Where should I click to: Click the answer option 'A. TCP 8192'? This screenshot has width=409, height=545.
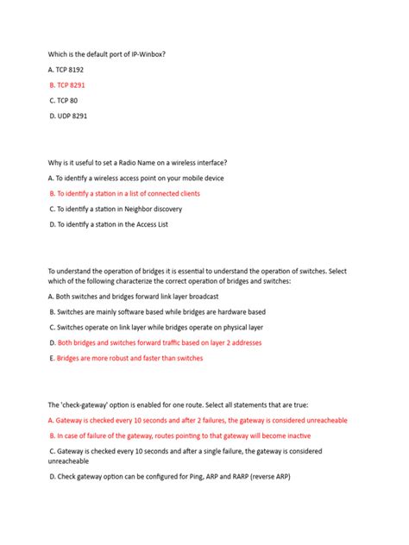point(66,70)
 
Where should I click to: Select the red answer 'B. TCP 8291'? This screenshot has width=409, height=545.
point(67,85)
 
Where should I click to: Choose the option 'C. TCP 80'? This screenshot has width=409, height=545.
point(63,100)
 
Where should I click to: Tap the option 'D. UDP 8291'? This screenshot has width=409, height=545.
point(68,116)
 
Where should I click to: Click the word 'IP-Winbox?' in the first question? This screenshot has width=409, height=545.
point(145,54)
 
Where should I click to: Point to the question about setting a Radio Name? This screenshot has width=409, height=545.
point(137,163)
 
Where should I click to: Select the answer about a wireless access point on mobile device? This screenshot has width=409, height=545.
point(135,179)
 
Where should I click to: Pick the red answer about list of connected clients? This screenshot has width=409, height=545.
point(125,193)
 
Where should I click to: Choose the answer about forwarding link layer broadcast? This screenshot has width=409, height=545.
point(133,297)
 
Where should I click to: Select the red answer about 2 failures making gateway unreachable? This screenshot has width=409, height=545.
point(198,420)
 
